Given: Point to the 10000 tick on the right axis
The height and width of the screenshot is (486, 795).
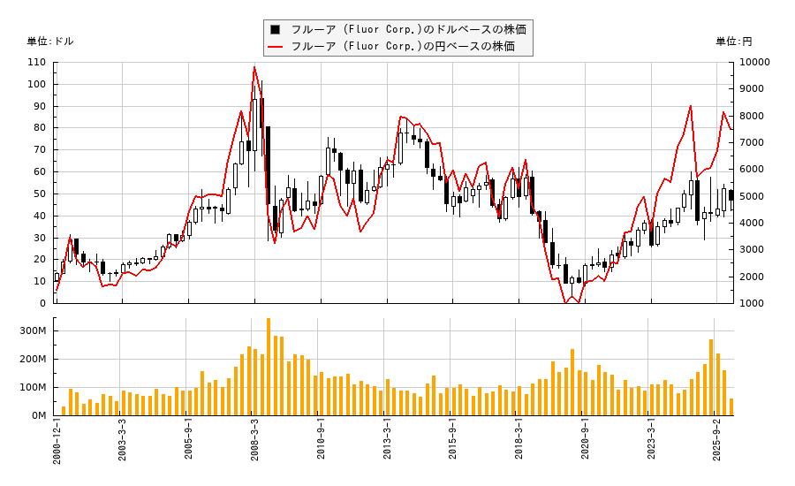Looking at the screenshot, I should (755, 63).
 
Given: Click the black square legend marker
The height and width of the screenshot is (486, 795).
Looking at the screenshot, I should (276, 29).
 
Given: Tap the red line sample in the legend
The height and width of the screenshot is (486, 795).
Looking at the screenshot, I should (276, 46).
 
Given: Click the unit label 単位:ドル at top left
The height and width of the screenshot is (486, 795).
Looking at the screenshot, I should (50, 41).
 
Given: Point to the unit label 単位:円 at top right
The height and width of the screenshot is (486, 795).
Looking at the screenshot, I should (733, 41).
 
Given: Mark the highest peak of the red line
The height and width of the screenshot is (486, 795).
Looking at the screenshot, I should (254, 66).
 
